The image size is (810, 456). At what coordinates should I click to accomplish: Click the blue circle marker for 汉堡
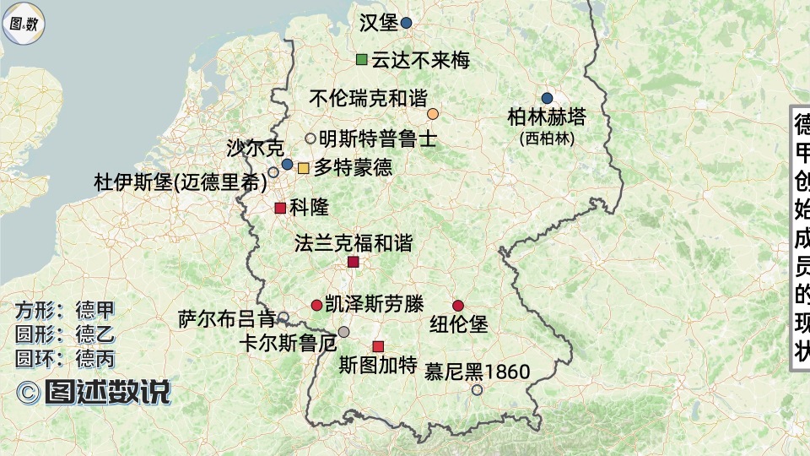tap(406, 24)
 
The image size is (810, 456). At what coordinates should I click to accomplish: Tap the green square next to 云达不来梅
tap(362, 59)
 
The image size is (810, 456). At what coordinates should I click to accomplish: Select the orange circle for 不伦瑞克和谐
tap(433, 114)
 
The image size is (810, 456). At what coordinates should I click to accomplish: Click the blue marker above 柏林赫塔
tap(547, 98)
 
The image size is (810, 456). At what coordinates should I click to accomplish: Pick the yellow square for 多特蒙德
tap(303, 168)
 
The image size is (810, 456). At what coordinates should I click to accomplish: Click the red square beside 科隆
tap(279, 208)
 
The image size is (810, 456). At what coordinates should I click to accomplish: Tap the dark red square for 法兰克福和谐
tap(354, 263)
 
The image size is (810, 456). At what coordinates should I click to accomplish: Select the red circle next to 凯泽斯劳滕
tap(316, 305)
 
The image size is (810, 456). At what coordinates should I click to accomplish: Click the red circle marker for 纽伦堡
tap(458, 306)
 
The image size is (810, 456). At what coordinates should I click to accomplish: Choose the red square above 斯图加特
tap(378, 346)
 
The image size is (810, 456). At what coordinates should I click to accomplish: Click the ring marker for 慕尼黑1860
tap(477, 390)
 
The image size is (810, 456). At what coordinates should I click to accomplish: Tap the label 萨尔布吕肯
tap(227, 319)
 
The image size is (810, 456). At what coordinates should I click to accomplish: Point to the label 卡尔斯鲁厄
tap(288, 344)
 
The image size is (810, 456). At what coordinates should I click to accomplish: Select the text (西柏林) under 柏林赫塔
tap(547, 138)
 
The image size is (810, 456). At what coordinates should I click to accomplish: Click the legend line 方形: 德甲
tap(64, 309)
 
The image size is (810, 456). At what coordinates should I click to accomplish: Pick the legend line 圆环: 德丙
tap(64, 358)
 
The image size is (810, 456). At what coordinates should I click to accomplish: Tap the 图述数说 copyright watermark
tap(94, 392)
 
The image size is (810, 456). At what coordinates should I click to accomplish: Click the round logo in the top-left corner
tap(23, 24)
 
